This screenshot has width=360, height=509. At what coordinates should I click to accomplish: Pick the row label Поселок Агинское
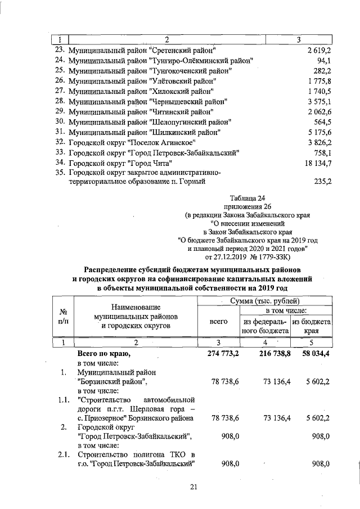(x=132, y=142)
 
